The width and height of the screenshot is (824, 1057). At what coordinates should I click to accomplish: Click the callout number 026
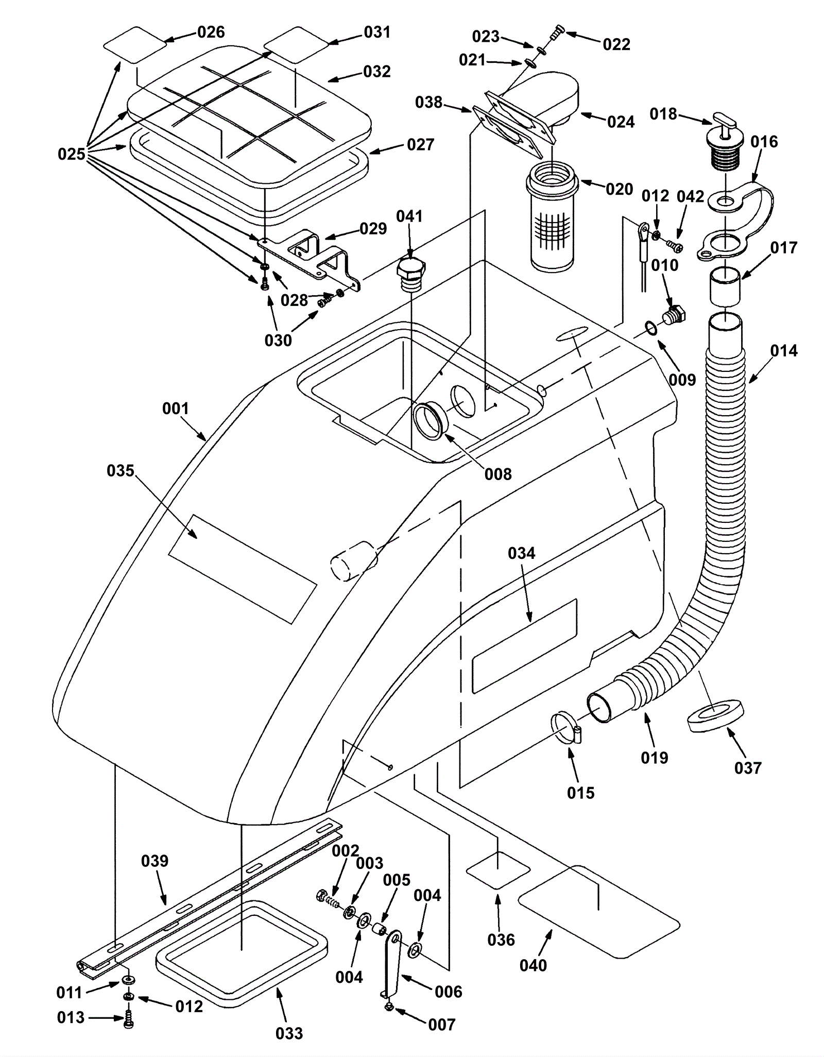(211, 32)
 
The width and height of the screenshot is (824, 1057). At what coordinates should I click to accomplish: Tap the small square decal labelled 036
(498, 869)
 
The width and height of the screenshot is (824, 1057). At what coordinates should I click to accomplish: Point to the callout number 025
(72, 154)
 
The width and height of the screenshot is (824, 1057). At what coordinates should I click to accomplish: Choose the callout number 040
(533, 965)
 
